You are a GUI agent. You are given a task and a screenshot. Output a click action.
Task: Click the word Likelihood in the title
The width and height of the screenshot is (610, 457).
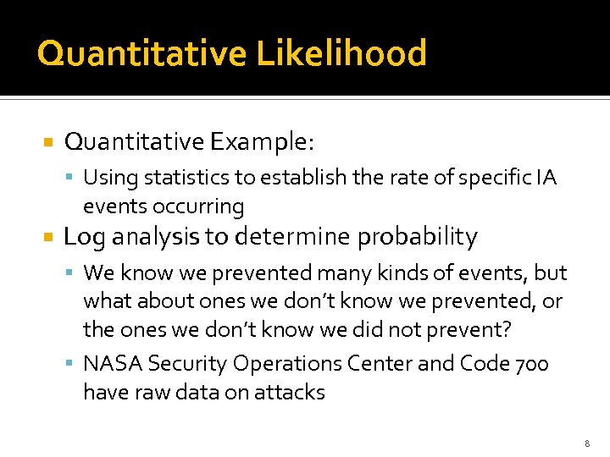(x=341, y=53)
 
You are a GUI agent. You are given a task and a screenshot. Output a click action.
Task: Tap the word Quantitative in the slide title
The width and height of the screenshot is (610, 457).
(x=141, y=53)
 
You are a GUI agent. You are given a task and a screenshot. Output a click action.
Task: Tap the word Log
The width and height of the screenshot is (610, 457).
(x=83, y=237)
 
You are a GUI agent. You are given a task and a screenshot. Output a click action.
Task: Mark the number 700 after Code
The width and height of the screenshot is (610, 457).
(x=531, y=364)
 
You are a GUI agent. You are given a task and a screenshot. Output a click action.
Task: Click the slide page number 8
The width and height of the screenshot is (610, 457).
(x=586, y=443)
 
